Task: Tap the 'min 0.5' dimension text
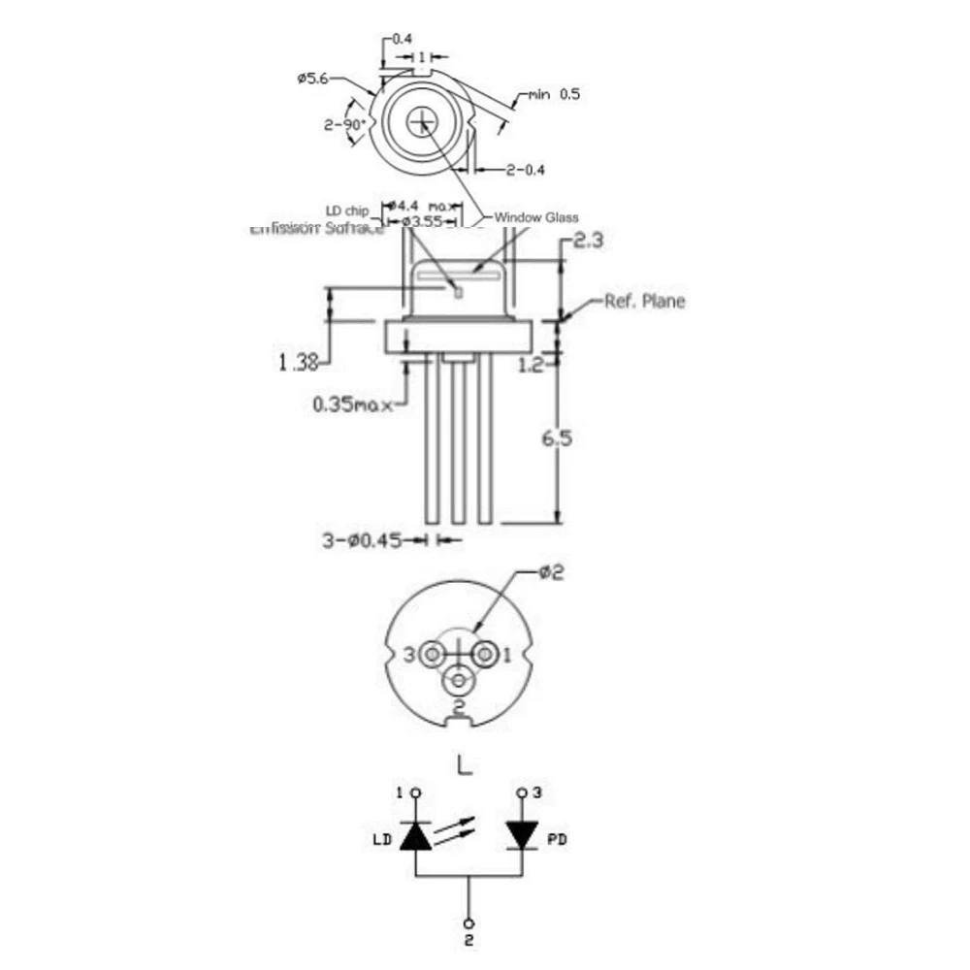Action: click(554, 94)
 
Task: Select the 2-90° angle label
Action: click(343, 124)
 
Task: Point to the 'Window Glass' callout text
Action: click(536, 217)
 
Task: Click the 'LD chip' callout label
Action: click(346, 210)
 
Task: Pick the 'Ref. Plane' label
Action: click(644, 301)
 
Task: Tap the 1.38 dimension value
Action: click(299, 363)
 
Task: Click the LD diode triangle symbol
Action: click(417, 835)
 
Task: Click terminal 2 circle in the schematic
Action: click(469, 923)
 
